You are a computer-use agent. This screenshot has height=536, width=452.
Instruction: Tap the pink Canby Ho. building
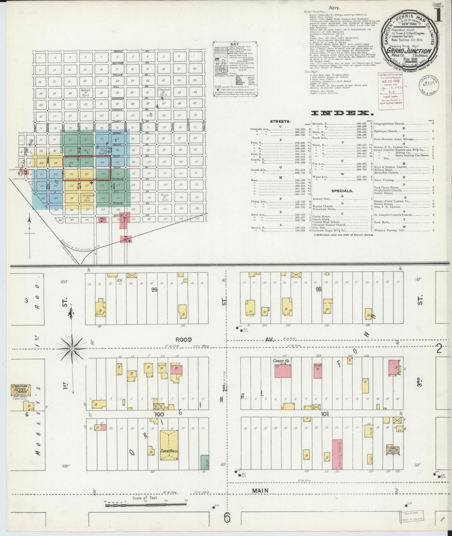click(283, 371)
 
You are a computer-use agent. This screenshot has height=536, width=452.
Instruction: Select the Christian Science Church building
click(20, 391)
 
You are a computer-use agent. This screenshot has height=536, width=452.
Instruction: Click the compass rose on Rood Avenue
click(72, 348)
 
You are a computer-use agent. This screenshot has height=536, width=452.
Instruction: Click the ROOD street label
click(183, 339)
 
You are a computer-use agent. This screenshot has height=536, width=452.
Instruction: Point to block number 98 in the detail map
click(318, 289)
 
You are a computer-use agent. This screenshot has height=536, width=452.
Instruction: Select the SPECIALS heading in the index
click(343, 190)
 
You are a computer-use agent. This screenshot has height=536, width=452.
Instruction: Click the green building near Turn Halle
click(205, 462)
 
